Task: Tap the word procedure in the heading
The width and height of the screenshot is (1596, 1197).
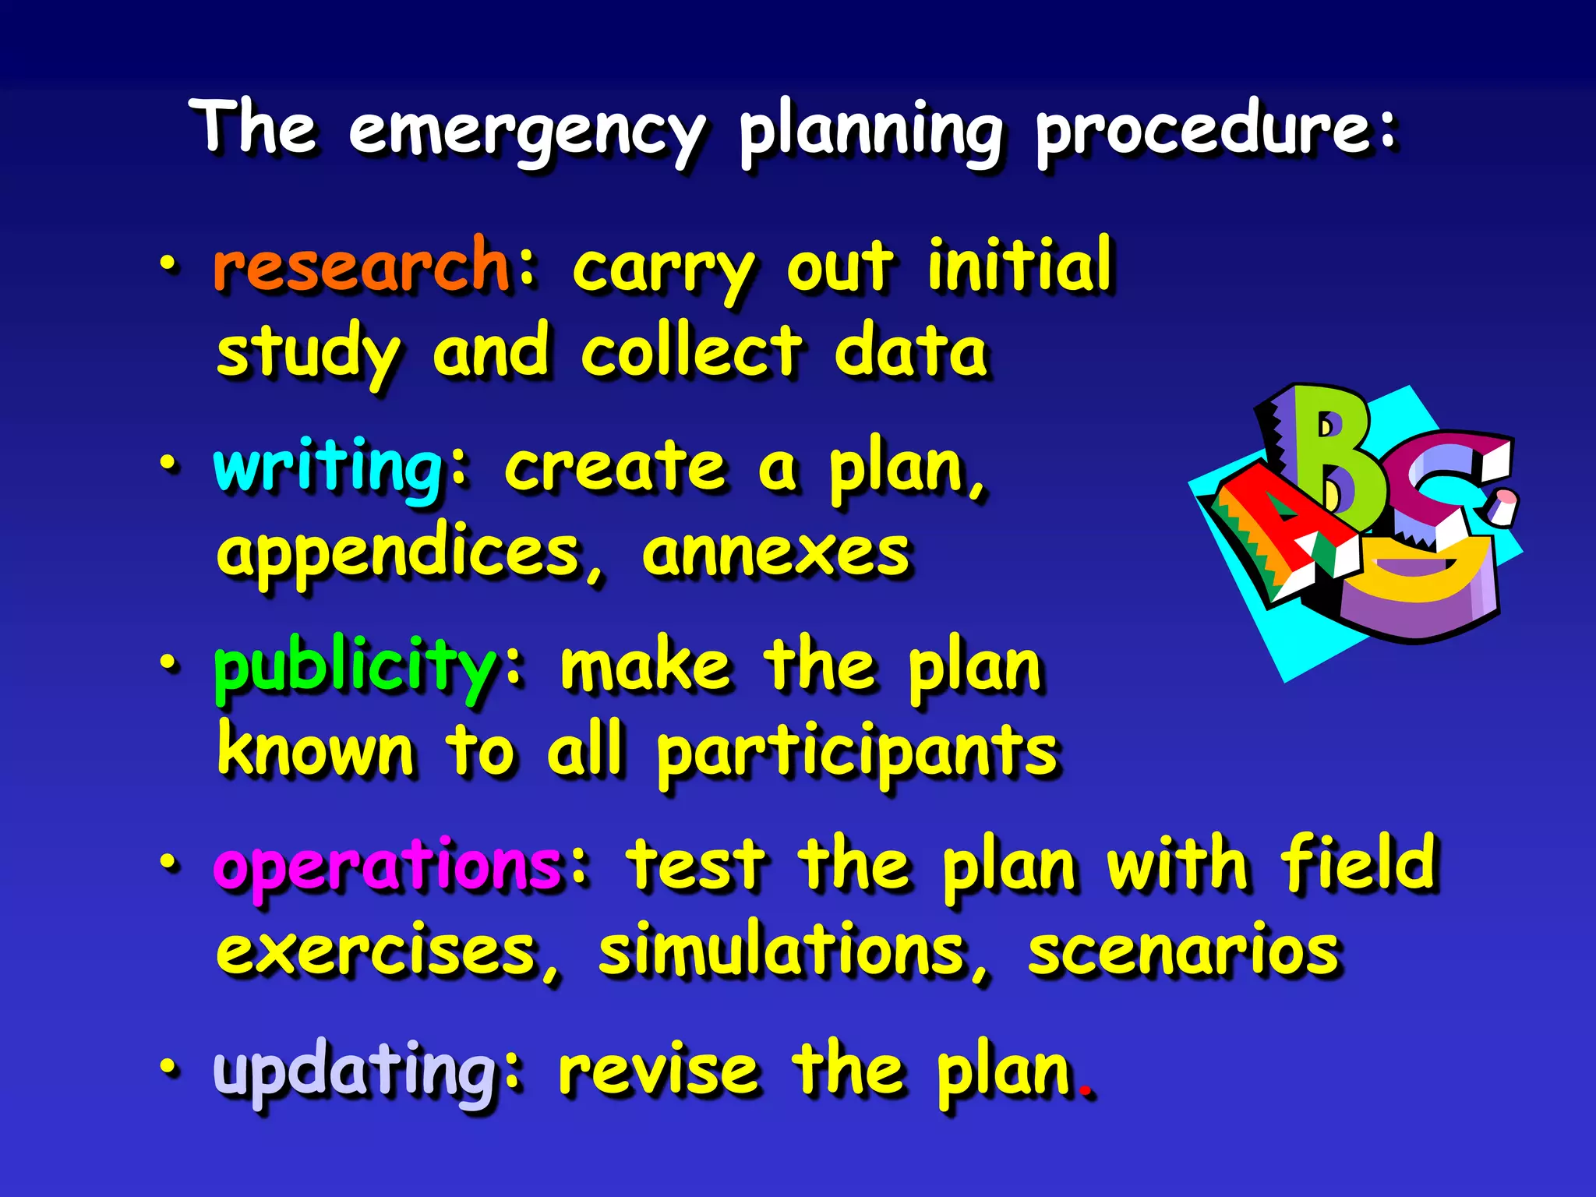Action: coord(1204,129)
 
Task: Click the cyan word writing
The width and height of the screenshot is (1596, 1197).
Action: coord(328,468)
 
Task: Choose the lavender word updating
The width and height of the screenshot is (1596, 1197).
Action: coord(355,1071)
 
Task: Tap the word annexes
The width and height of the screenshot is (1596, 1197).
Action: coord(775,552)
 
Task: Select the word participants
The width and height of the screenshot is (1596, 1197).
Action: coord(857,753)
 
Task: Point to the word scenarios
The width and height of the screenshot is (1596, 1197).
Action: coord(1183,951)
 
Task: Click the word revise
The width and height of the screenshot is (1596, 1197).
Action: coord(659,1071)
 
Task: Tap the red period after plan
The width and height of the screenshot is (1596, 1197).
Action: coord(1086,1092)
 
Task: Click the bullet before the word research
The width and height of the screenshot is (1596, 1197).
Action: coord(168,267)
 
